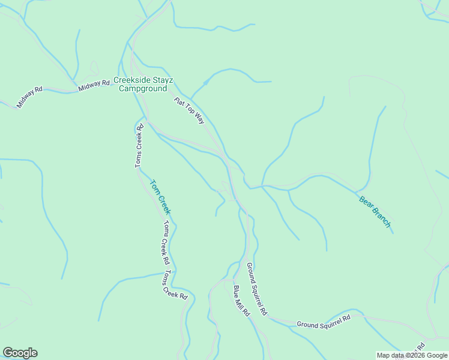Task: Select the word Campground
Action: (142, 88)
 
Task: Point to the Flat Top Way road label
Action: (190, 111)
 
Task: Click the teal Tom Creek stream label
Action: (160, 197)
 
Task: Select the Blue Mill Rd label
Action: (241, 301)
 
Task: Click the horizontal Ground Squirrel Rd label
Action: (324, 321)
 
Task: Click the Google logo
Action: (20, 353)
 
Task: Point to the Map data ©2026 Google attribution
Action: (412, 355)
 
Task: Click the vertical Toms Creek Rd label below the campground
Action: (139, 146)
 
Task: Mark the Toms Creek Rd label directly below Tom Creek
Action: (164, 243)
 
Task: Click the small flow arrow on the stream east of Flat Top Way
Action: (205, 82)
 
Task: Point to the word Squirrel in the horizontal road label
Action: (327, 320)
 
